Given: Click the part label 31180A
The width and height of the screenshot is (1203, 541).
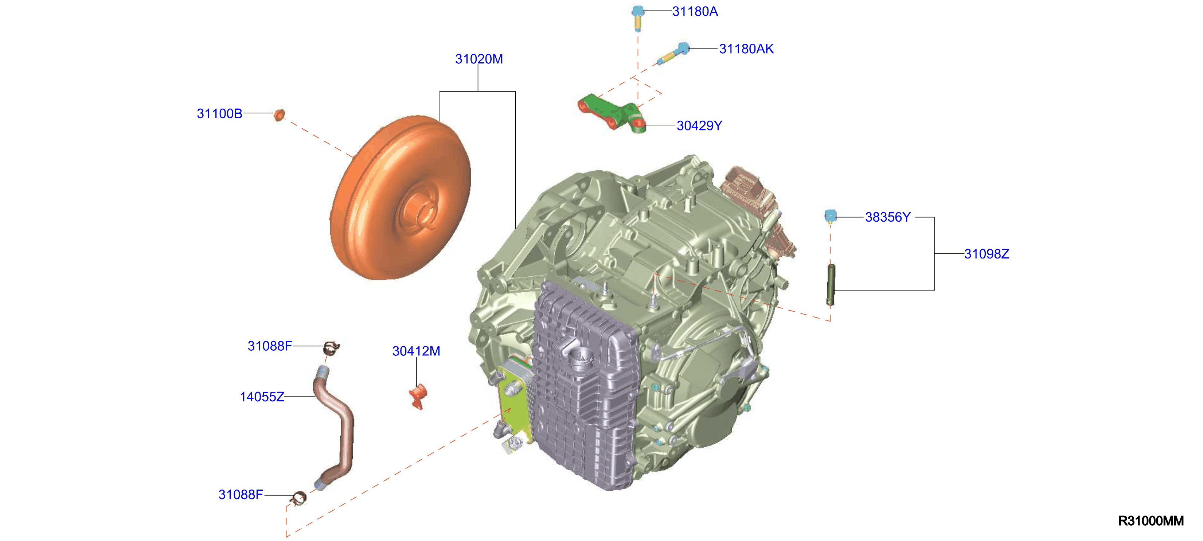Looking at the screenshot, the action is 695,11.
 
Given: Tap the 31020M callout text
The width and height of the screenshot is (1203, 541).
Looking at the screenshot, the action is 479,59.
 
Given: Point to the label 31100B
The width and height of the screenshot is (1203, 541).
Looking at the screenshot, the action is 219,113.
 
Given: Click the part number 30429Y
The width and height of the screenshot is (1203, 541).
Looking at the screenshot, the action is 699,126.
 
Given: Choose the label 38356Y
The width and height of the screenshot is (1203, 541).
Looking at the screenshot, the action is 887,217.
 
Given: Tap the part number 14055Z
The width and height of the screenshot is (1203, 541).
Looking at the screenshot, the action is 262,397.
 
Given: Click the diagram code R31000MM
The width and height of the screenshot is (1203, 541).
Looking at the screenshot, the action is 1151,521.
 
